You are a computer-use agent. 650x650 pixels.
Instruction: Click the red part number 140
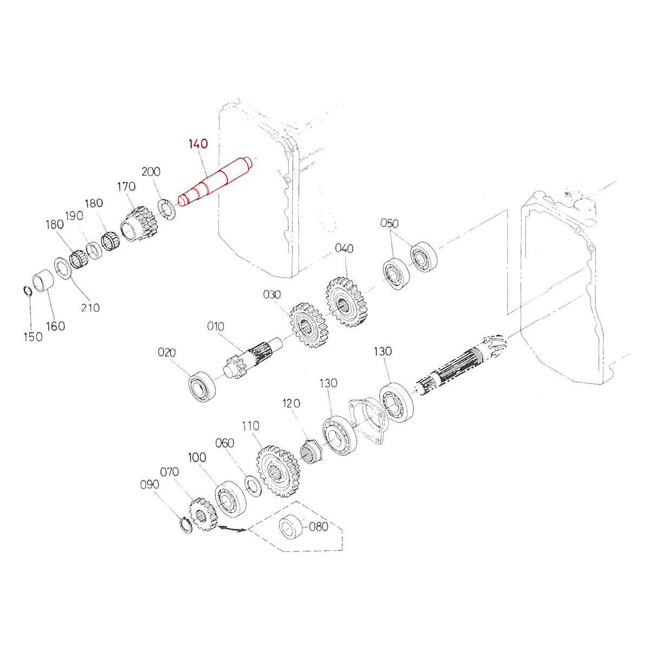198,144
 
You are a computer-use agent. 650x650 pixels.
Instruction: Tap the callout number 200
151,172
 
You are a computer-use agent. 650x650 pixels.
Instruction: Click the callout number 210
90,307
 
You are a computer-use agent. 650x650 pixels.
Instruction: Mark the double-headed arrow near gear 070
232,530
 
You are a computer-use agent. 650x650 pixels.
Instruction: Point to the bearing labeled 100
231,498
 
